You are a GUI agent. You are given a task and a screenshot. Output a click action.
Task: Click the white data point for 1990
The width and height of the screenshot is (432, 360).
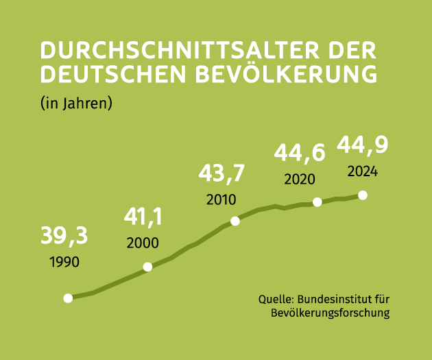68,298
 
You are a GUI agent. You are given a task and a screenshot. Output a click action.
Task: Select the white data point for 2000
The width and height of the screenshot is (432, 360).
147,267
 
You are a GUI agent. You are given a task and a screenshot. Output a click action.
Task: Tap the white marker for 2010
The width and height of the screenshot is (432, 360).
235,221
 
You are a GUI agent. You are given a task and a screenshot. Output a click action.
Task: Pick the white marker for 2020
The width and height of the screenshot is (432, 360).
317,202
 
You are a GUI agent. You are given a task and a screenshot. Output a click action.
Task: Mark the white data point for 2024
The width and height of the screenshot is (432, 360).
363,195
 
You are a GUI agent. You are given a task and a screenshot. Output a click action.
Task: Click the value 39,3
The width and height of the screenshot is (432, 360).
64,236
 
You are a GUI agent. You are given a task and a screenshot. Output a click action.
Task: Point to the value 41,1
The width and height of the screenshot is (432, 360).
143,217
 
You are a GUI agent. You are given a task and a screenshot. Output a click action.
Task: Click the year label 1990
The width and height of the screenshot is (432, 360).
64,262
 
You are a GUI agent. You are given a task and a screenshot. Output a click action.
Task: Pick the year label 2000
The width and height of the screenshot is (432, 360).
143,243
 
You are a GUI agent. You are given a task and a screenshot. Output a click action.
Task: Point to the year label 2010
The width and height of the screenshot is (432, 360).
221,200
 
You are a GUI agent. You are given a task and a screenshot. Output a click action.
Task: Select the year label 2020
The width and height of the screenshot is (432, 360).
299,180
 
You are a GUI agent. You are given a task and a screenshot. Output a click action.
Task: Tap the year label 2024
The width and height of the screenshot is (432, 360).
362,171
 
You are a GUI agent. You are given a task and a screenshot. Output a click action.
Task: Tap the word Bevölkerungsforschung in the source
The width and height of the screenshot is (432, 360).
331,313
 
